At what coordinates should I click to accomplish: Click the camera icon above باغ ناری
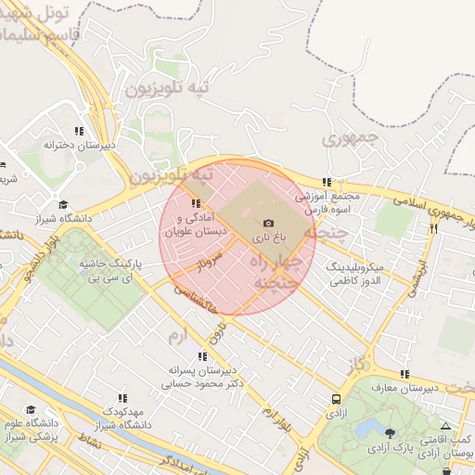click(269, 223)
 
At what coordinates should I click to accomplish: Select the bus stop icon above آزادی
click(336, 399)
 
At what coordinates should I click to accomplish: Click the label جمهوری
click(345, 140)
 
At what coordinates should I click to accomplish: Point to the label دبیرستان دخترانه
click(77, 145)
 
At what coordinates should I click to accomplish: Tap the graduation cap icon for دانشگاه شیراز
click(63, 205)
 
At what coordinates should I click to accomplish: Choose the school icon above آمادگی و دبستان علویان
click(195, 203)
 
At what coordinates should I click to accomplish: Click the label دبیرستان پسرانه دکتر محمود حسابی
click(202, 374)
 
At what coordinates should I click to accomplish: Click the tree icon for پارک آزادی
click(389, 433)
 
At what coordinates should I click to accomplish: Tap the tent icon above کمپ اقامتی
click(445, 426)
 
